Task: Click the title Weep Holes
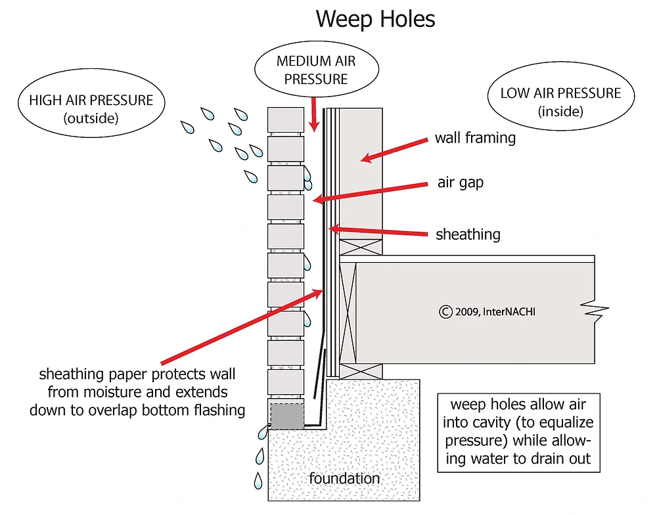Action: click(375, 18)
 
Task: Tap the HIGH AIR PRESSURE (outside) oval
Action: click(91, 109)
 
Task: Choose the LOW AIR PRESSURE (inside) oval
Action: click(560, 101)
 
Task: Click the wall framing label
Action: click(475, 138)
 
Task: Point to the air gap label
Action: click(460, 183)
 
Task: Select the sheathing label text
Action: click(468, 234)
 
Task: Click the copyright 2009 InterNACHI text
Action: click(487, 311)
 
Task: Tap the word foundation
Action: click(344, 478)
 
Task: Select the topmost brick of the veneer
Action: click(286, 120)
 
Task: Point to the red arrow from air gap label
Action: click(374, 192)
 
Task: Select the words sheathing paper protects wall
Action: click(137, 375)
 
